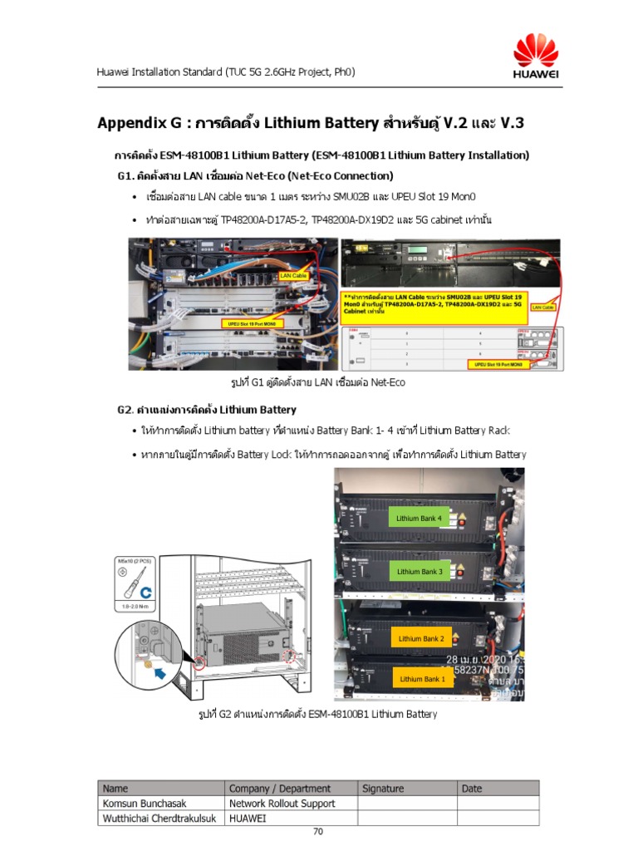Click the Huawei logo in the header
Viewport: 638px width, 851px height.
click(535, 57)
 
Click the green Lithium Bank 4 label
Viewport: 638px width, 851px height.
click(419, 519)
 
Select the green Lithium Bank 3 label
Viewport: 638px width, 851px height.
click(419, 572)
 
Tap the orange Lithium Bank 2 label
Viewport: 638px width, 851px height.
click(421, 638)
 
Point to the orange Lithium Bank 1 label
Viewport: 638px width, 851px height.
click(422, 679)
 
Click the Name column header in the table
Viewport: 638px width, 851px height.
click(115, 789)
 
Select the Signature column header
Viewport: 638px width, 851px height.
click(383, 789)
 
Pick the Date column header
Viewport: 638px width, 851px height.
click(472, 789)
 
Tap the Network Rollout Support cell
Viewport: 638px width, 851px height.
click(282, 804)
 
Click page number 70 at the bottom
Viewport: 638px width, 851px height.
click(318, 832)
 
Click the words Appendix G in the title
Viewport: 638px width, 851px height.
click(139, 124)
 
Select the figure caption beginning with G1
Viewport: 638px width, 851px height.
click(318, 382)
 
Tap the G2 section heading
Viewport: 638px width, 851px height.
click(206, 410)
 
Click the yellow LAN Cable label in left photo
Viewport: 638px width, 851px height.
click(292, 274)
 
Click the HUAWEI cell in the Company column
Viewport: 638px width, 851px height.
click(248, 819)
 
